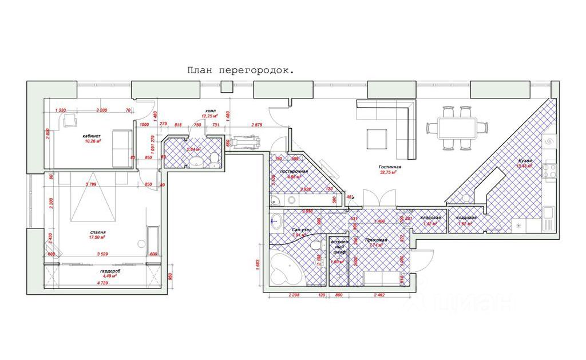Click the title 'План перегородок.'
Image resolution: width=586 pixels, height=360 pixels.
click(241, 70)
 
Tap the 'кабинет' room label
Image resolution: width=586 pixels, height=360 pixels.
click(92, 136)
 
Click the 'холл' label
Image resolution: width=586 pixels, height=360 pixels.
click(211, 112)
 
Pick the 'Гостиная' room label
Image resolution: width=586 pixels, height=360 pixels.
click(390, 167)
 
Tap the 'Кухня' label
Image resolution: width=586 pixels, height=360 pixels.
click(525, 161)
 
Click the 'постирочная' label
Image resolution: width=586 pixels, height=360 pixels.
click(295, 171)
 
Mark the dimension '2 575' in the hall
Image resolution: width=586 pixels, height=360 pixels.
click(256, 125)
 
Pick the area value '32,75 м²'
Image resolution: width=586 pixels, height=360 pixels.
click(389, 173)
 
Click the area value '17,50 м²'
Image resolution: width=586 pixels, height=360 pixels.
click(98, 238)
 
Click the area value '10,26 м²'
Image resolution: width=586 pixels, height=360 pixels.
click(92, 141)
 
